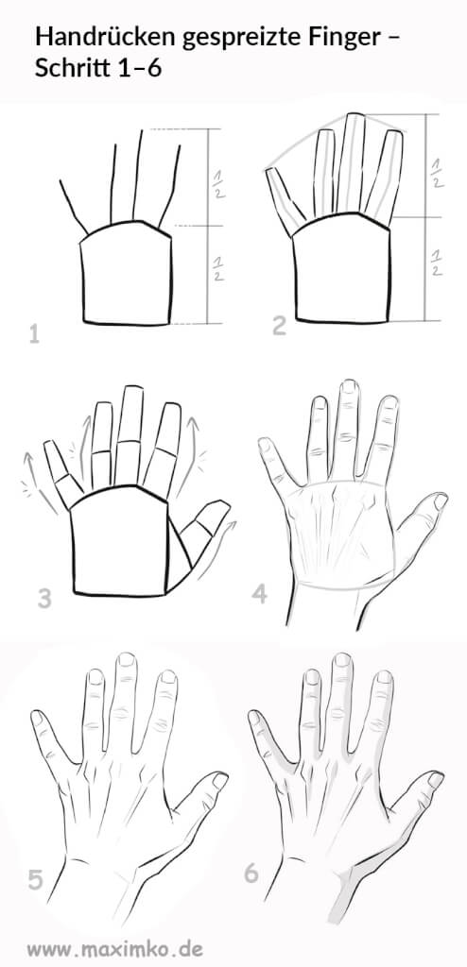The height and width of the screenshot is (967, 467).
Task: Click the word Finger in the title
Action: click(354, 38)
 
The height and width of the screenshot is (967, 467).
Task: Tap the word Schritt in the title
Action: click(69, 68)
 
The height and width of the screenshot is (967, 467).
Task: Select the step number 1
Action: click(35, 335)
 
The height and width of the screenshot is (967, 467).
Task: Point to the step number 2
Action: click(279, 326)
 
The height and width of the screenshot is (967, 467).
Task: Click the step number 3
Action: click(43, 598)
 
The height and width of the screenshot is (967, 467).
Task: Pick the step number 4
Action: click(259, 594)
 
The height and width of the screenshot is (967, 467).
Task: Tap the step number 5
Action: click(36, 880)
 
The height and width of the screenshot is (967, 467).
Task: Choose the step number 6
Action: click(251, 874)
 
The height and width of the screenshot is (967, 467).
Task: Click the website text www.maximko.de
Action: click(114, 948)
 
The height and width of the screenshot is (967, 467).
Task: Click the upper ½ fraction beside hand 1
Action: click(218, 185)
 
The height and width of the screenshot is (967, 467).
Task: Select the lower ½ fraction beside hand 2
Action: click(437, 263)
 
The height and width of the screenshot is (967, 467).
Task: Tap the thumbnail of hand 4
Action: click(440, 501)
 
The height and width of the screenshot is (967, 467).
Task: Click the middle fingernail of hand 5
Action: click(127, 660)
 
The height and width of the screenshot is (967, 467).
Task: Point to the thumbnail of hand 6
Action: click(436, 780)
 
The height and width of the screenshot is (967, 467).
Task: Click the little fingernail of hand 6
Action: click(253, 717)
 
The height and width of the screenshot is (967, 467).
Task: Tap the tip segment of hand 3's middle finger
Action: click(131, 414)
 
